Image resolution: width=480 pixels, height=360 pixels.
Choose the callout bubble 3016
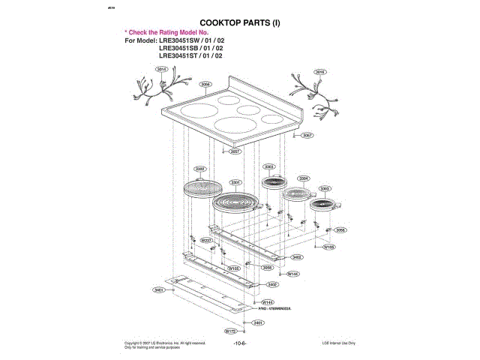click(x=319, y=72)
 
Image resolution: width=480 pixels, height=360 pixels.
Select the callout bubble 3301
click(x=235, y=182)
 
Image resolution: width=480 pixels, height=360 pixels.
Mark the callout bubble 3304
click(x=303, y=178)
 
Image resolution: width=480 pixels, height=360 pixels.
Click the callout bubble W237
click(x=206, y=240)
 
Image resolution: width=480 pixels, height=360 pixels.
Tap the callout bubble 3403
click(x=297, y=256)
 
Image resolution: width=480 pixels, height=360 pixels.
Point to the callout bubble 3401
click(x=159, y=289)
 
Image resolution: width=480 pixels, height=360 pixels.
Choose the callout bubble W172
click(x=231, y=330)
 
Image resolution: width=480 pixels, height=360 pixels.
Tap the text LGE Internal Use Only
click(x=339, y=343)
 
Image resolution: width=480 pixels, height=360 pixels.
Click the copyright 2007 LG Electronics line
click(x=165, y=342)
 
